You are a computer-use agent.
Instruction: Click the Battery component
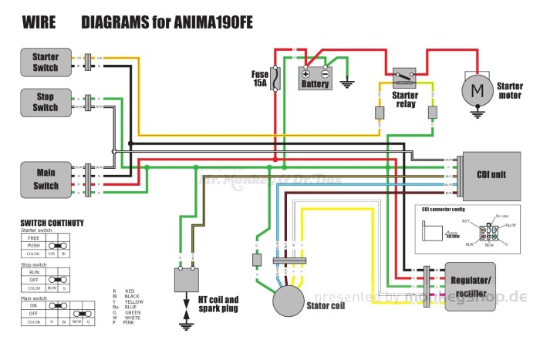point(316,79)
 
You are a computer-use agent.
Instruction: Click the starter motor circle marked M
point(477,91)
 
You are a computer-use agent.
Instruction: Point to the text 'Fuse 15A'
point(259,79)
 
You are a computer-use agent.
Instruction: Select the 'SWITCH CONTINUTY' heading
point(52,224)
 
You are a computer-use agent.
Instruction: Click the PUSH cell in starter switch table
point(33,246)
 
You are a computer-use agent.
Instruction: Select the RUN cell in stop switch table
point(33,273)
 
